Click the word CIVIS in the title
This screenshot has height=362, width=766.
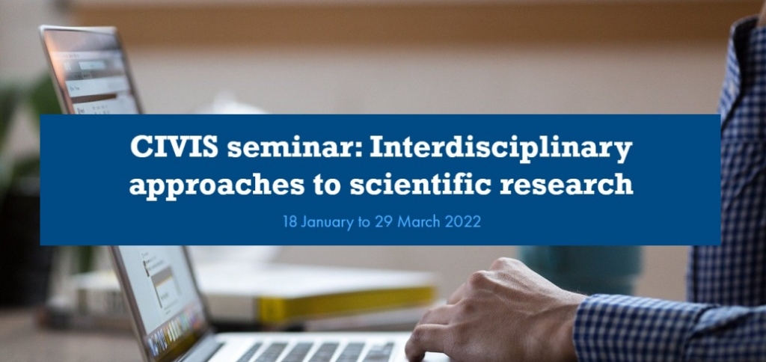(x=174, y=147)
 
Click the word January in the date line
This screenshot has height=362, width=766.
(x=327, y=222)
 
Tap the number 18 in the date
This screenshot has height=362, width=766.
(x=289, y=221)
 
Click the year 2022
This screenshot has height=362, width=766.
(x=463, y=221)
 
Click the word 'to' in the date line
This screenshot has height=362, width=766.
(x=364, y=223)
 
